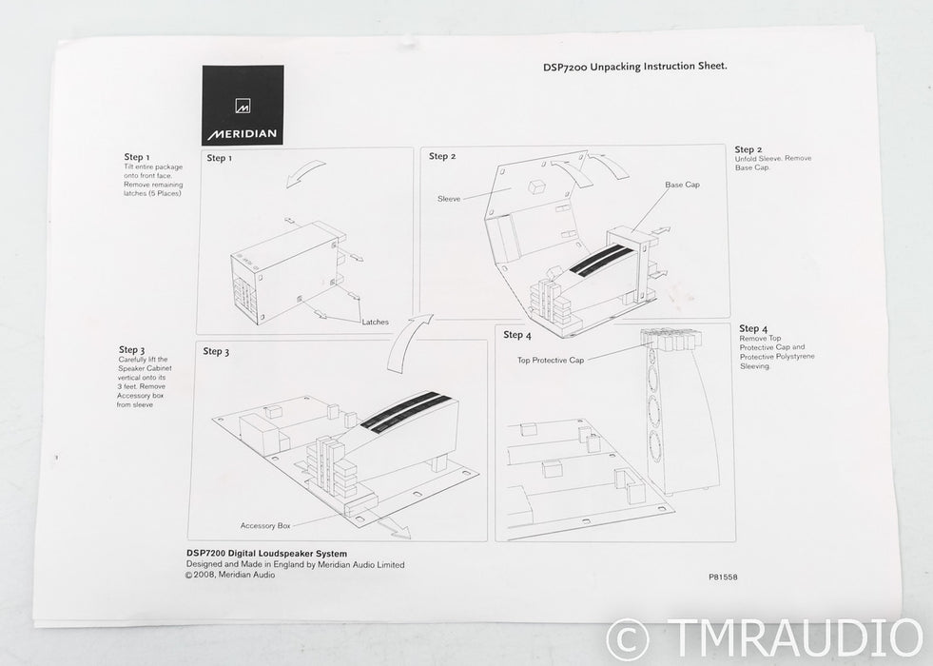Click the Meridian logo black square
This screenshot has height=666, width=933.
click(243, 105)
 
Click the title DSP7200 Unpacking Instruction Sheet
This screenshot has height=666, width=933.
click(635, 66)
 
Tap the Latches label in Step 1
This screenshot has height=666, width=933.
click(376, 322)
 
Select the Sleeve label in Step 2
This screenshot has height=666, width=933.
click(449, 199)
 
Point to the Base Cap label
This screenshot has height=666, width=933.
click(682, 185)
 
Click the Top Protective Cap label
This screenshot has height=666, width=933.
click(551, 360)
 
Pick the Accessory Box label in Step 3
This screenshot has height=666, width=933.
click(265, 525)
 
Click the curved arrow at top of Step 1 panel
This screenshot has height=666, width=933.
click(304, 172)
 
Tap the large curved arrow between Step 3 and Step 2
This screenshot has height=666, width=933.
click(409, 343)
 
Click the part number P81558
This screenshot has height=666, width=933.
click(723, 577)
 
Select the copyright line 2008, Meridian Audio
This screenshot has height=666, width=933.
click(229, 575)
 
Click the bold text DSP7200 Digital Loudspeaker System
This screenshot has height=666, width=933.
click(266, 554)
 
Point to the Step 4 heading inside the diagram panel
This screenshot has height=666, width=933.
click(517, 335)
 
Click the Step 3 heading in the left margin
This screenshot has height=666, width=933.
click(131, 350)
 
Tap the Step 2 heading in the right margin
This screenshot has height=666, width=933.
click(748, 149)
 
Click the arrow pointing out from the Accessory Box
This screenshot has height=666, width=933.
click(393, 527)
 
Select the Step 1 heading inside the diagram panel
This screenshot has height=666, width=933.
click(220, 158)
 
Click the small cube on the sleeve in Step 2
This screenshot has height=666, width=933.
click(537, 186)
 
